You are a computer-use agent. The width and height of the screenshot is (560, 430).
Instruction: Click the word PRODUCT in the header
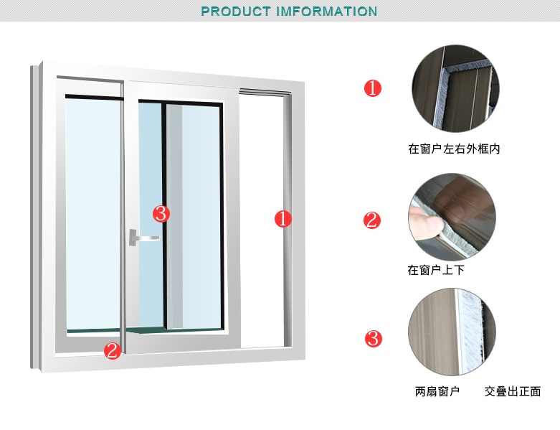coord(236,11)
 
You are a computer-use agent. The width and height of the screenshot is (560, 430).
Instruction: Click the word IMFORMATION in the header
coord(327,11)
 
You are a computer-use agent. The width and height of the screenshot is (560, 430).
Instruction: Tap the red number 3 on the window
coord(161,214)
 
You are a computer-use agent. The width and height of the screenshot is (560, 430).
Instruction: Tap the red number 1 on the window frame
coord(283,219)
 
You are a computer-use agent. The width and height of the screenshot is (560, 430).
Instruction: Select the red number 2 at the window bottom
coord(113,350)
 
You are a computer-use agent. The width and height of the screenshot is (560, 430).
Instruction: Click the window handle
coord(143,238)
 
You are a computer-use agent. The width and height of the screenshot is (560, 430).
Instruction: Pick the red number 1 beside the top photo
coord(373,88)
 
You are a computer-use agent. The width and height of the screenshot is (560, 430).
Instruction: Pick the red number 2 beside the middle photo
coord(372,220)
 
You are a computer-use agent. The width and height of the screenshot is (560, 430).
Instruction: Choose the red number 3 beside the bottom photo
coord(374,339)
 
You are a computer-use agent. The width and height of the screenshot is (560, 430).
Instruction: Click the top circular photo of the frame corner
coord(455,88)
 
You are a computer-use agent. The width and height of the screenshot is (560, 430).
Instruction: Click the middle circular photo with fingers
coord(452,217)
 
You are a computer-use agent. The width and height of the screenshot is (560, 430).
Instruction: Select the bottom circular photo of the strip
coord(452,332)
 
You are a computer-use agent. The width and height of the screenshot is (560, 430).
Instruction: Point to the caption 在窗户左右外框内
coord(455,149)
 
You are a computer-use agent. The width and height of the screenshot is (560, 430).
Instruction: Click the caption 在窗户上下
coord(436,270)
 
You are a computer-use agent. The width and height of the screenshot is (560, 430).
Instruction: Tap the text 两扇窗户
coord(437,391)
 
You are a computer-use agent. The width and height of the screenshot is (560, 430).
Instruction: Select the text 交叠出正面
coord(513,391)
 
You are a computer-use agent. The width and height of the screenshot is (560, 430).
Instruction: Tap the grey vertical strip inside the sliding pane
coord(175,216)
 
